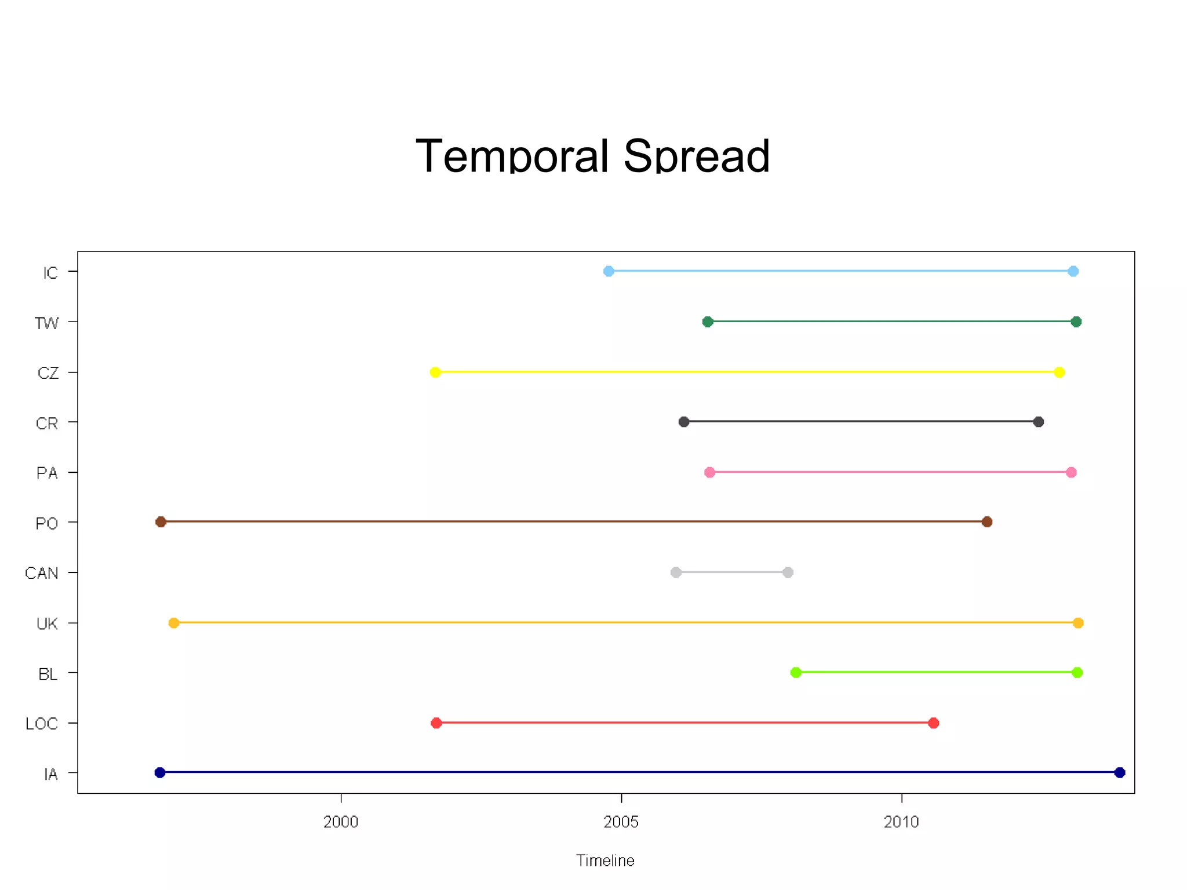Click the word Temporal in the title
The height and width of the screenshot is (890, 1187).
point(512,156)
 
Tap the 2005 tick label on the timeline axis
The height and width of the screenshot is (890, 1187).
point(621,822)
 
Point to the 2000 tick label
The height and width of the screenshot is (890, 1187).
point(341,822)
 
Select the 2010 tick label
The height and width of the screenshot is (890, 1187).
point(901,822)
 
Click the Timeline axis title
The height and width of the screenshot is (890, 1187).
point(605,860)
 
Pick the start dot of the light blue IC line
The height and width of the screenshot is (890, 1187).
point(609,271)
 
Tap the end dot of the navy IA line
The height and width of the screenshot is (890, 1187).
point(1120,772)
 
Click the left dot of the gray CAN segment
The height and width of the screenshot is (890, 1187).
point(676,572)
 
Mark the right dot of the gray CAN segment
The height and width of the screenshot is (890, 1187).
point(788,572)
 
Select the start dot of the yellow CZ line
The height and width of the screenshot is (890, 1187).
point(435,372)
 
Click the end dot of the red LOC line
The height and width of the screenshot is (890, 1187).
point(934,723)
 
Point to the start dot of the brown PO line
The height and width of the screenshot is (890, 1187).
point(161,522)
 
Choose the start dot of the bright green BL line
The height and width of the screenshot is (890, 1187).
point(796,672)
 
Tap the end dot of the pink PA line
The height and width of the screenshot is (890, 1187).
point(1071,472)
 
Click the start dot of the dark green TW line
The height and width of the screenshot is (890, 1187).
point(708,322)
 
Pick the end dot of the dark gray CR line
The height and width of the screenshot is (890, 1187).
point(1039,422)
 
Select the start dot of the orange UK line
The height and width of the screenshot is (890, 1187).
point(174,623)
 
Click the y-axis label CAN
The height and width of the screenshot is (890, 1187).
point(42,573)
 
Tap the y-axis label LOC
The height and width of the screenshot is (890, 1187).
point(42,724)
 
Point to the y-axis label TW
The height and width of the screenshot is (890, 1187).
point(47,323)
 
